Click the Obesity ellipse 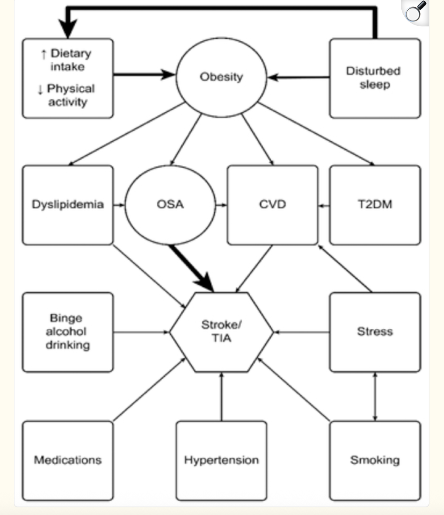[221, 77]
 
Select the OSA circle [170, 205]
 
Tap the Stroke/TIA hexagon [222, 332]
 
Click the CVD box [272, 205]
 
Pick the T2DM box [375, 205]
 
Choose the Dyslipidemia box [68, 205]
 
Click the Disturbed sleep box [375, 78]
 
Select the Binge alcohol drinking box [68, 332]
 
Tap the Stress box [375, 332]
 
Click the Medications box [68, 461]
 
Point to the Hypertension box [222, 461]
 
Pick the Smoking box [375, 461]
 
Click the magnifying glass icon [415, 12]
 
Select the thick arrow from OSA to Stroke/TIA [191, 268]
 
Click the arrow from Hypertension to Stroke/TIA [222, 397]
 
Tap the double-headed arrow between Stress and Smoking [375, 397]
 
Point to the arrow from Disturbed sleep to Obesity [299, 77]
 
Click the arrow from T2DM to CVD [324, 206]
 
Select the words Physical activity [66, 95]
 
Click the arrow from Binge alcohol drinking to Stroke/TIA [141, 332]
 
